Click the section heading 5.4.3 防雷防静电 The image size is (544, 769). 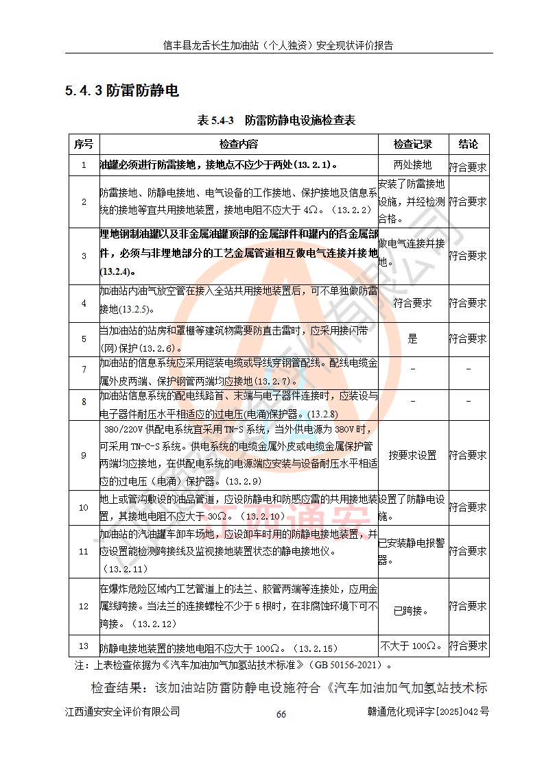(121, 91)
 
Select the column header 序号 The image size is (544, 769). (83, 144)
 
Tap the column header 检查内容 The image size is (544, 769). (239, 144)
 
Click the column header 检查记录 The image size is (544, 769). (412, 144)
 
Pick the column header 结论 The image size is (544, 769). (468, 144)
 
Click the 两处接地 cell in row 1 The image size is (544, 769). (412, 164)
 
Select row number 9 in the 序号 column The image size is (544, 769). (83, 455)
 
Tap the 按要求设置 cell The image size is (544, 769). (412, 455)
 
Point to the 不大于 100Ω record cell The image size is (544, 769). (412, 646)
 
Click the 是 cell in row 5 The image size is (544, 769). (412, 339)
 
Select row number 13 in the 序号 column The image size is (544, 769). (83, 646)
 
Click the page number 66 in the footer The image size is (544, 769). (281, 714)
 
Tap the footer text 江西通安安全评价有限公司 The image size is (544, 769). (123, 711)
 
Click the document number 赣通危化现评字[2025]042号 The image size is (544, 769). (428, 711)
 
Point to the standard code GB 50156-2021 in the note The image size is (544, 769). (349, 665)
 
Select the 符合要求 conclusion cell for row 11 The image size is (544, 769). (468, 551)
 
